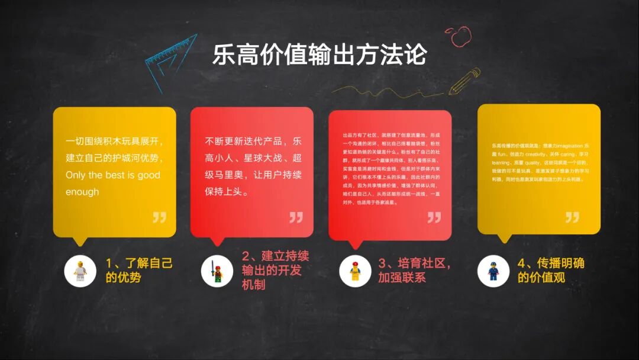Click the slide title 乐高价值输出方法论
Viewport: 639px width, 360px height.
[319, 55]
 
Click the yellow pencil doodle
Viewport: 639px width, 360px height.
[464, 81]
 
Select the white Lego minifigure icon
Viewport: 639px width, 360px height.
[80, 272]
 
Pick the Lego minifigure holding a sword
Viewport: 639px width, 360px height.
[217, 272]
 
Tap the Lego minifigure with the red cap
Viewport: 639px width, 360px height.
[355, 272]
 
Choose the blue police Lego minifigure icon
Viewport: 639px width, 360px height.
[493, 272]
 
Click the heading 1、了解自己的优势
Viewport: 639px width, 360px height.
[139, 270]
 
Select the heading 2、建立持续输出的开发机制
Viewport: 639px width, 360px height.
[275, 270]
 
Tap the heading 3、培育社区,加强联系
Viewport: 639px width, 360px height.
[414, 271]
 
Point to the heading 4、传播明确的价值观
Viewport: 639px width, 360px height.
[551, 270]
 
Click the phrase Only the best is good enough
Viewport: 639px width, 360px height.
[112, 184]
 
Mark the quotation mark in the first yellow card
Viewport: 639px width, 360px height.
[159, 217]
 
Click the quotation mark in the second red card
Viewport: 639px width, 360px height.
[296, 217]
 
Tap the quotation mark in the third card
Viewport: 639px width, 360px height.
[434, 217]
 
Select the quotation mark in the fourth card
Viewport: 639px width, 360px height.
[572, 217]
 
